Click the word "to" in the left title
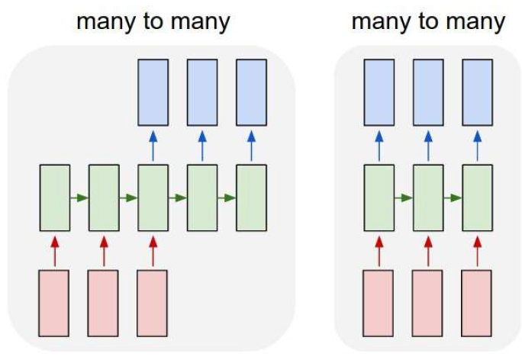click(153, 21)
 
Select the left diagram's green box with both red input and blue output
click(153, 198)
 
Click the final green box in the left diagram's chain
click(251, 198)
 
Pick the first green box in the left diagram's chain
click(55, 198)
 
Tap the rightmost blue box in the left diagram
click(251, 92)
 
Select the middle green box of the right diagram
click(428, 198)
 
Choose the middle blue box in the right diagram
click(428, 92)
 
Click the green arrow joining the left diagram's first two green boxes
click(79, 198)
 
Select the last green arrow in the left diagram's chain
click(227, 198)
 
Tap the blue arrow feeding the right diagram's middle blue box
click(428, 145)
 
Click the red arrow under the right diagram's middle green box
click(428, 250)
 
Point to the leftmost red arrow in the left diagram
click(55, 250)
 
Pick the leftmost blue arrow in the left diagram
click(153, 145)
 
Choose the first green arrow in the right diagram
click(404, 198)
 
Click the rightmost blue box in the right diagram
click(477, 92)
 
